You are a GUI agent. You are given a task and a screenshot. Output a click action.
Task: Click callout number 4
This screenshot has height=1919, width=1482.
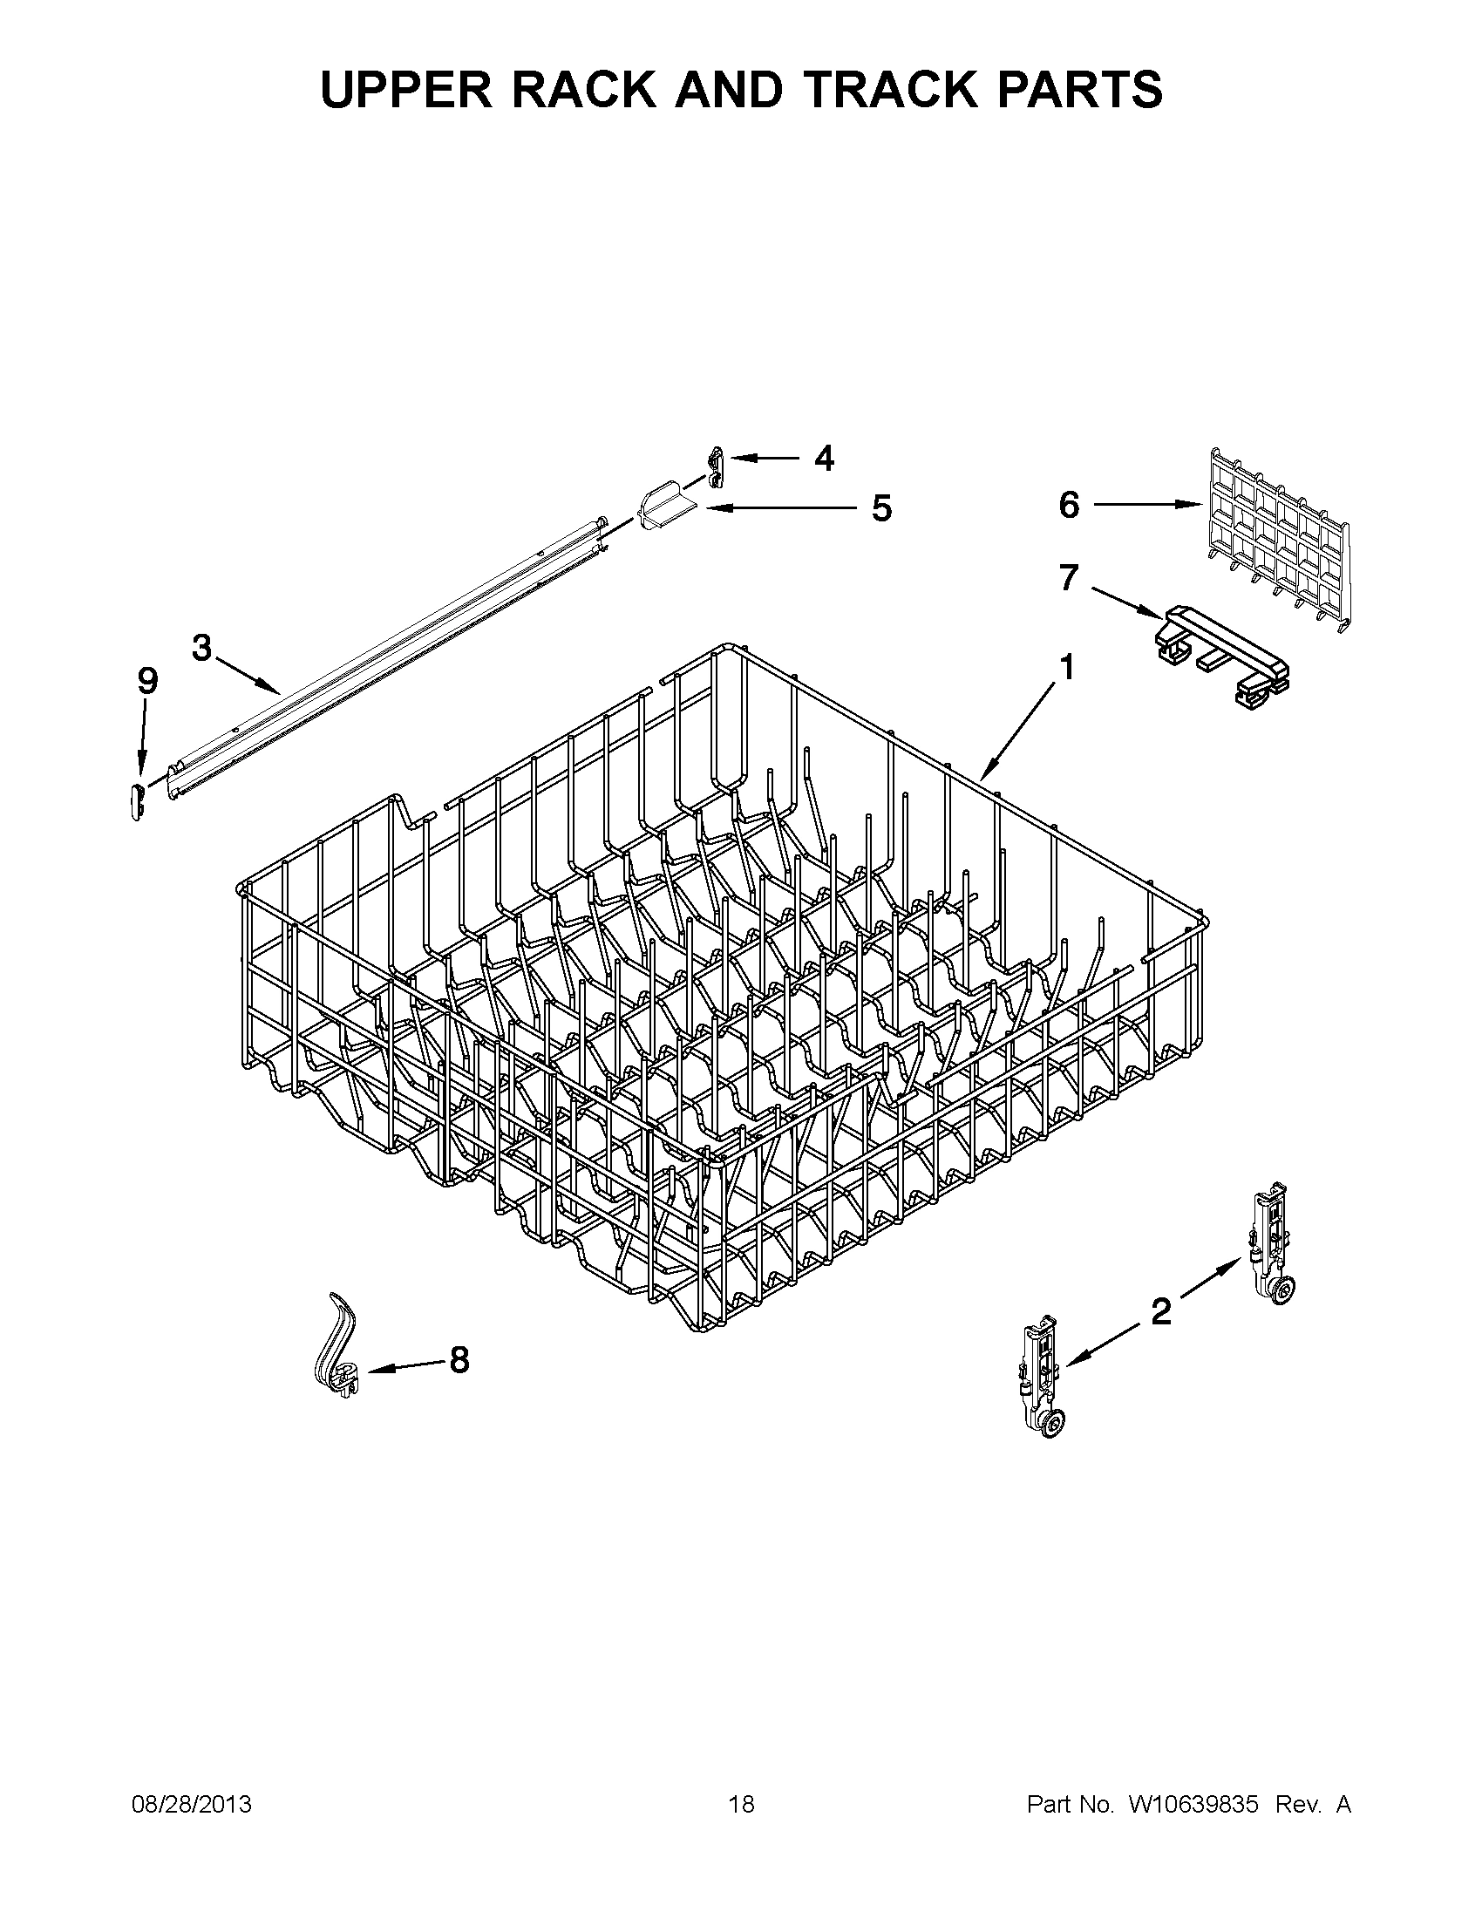(823, 458)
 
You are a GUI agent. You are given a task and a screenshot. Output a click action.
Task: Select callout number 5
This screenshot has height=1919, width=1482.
(881, 507)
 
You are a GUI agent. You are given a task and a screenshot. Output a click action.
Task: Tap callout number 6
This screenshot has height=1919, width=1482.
(1068, 504)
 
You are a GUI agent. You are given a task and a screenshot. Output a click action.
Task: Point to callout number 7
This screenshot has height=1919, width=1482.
(1067, 577)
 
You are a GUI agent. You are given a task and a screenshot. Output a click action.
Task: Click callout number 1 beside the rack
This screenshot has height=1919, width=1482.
(1065, 668)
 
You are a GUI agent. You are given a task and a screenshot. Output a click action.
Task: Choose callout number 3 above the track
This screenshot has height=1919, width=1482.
(202, 648)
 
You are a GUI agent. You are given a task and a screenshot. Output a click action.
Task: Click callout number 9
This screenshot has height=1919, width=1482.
(146, 680)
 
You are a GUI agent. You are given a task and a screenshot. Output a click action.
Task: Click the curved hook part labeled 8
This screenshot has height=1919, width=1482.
(337, 1344)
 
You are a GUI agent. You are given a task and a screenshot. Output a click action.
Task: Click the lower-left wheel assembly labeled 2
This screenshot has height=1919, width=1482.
(1044, 1376)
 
